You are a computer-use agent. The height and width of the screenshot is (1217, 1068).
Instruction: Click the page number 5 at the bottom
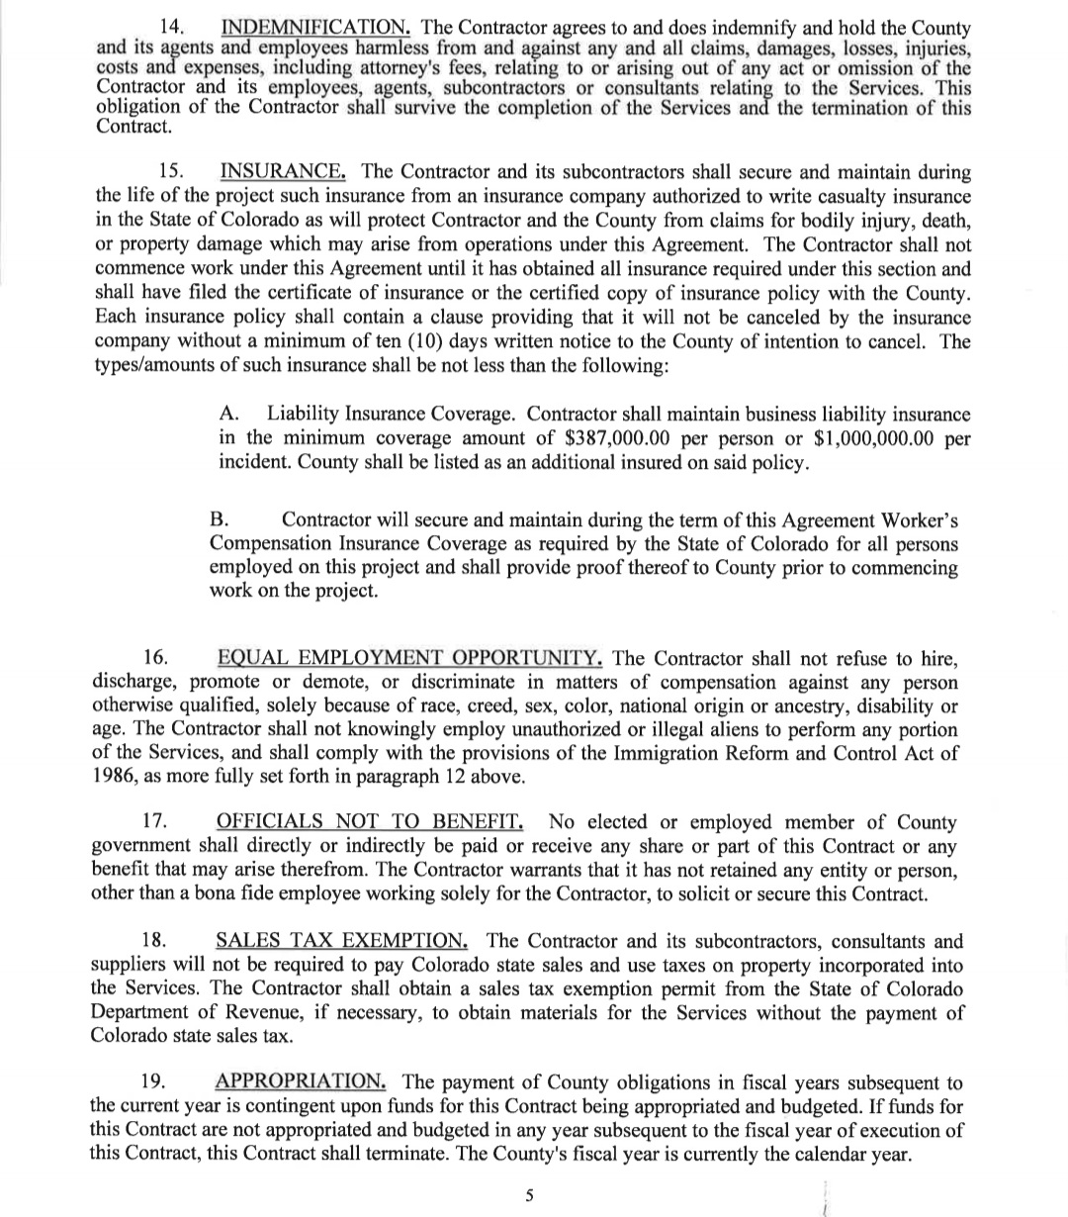click(529, 1195)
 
